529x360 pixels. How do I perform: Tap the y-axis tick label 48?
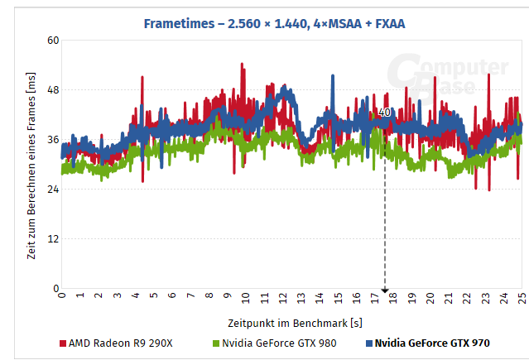(x=53, y=90)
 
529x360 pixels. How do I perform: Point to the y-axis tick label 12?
(x=53, y=239)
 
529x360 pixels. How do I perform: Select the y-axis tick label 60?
(x=53, y=41)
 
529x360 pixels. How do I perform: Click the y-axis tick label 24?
(x=53, y=190)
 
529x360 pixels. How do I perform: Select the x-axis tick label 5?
(x=154, y=296)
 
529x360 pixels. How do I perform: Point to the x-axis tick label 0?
(x=62, y=295)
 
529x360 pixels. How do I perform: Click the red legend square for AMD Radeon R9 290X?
(x=63, y=343)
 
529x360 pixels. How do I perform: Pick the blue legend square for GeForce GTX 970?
(x=368, y=343)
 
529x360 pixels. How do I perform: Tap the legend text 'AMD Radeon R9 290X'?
(x=120, y=343)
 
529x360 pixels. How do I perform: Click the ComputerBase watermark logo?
(x=450, y=79)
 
